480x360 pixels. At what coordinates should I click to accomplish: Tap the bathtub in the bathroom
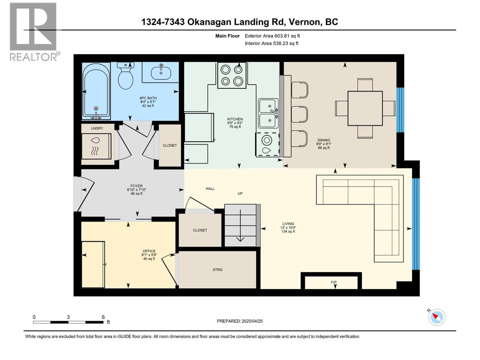point(96,91)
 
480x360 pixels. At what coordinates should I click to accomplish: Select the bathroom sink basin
point(161,73)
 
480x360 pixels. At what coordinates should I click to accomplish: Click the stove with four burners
point(232,75)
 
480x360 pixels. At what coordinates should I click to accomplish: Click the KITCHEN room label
point(235,119)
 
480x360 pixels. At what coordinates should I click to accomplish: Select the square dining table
point(365,108)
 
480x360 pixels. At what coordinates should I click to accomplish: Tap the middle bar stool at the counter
point(299,114)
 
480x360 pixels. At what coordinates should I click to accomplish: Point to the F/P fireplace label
point(334,282)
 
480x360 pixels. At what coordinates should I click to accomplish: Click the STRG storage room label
point(217,270)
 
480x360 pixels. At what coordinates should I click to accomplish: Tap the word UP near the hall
point(240,193)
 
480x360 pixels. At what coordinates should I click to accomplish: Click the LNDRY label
point(97,128)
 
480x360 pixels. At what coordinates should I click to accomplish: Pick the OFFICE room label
point(149,251)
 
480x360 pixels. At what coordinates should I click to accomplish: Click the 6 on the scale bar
point(103,317)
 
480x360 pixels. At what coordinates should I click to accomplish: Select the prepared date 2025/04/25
point(252,321)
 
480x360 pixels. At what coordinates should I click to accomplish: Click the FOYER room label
point(136,186)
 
